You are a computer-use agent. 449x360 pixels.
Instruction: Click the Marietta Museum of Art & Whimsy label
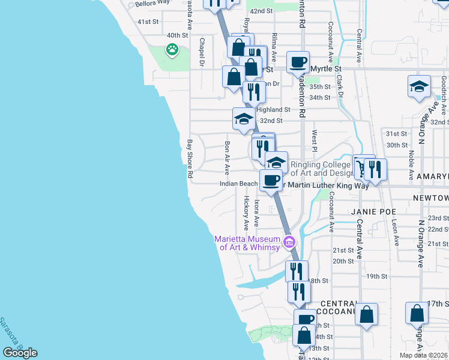pyautogui.click(x=247, y=244)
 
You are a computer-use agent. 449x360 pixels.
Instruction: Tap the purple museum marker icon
pyautogui.click(x=289, y=243)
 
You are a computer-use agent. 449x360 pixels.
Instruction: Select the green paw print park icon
pyautogui.click(x=173, y=50)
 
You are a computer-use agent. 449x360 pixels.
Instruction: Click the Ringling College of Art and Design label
pyautogui.click(x=320, y=169)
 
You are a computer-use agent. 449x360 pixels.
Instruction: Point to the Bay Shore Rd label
pyautogui.click(x=190, y=159)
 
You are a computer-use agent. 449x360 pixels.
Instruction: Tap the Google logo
pyautogui.click(x=20, y=353)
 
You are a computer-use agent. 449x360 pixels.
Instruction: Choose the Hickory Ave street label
pyautogui.click(x=246, y=212)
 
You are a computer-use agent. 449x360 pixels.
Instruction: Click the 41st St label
pyautogui.click(x=148, y=22)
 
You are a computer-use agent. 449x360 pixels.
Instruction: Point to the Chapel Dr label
pyautogui.click(x=202, y=52)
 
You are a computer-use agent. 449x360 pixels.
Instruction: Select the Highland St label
pyautogui.click(x=273, y=110)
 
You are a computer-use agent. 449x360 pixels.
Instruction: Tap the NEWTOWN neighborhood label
pyautogui.click(x=430, y=197)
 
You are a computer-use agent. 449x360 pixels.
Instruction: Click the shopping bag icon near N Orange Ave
pyautogui.click(x=417, y=314)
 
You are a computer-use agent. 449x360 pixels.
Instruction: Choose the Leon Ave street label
pyautogui.click(x=395, y=232)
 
